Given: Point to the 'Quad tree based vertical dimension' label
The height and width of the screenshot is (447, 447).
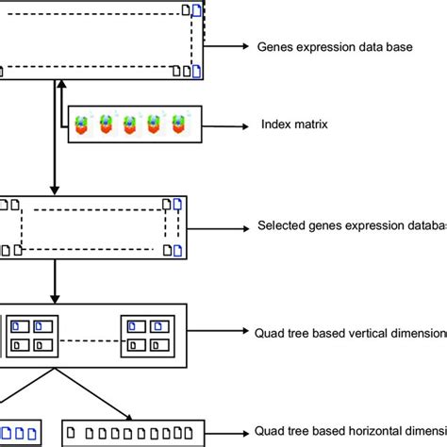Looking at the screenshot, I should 350,332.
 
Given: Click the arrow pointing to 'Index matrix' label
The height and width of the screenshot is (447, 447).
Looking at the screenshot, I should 225,124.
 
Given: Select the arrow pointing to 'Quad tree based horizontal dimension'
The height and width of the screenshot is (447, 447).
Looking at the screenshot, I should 227,433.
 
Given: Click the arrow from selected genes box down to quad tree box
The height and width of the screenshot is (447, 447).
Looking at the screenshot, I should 56,280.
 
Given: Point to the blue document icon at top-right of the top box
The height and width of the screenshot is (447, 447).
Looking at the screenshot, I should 196,10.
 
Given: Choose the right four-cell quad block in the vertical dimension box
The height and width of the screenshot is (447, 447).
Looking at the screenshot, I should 148,335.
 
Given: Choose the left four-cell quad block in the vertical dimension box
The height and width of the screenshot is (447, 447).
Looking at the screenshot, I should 32,335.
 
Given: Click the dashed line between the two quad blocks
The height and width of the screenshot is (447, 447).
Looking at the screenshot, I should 90,336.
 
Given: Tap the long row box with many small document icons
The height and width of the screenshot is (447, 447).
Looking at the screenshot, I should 132,434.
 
